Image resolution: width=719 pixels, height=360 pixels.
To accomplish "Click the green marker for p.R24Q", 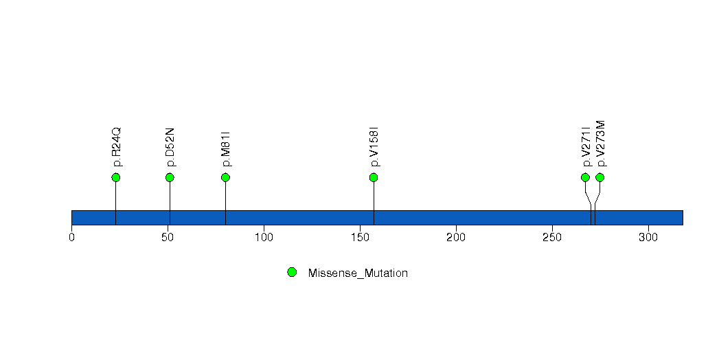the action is coord(115,177).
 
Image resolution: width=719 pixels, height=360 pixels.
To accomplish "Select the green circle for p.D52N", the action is coord(170,177).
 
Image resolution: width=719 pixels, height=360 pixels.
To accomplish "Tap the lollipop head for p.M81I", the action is coord(225,177).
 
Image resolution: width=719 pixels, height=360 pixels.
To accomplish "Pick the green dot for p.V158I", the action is coord(374,177).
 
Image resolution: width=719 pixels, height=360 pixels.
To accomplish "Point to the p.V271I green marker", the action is coord(585,177).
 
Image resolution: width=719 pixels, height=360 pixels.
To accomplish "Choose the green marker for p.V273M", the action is coord(600,177).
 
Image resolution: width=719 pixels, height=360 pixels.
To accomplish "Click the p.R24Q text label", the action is coord(117,147).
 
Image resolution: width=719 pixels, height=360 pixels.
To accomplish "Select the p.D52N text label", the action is coord(170,147).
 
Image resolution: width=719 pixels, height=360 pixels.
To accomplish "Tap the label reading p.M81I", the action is coord(225,148).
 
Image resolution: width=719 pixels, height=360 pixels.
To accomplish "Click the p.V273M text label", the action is coord(601,144).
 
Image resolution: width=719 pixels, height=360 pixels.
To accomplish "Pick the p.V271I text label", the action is coord(586,146).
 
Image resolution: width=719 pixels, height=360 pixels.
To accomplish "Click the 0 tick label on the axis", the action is coord(71,237).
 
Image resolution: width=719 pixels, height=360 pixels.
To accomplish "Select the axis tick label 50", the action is coord(168,237).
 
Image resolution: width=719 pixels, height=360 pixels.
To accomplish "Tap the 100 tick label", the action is coord(264,237).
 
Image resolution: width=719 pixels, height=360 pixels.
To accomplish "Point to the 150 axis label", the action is coord(360,237).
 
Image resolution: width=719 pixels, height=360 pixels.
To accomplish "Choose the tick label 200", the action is coord(456,237).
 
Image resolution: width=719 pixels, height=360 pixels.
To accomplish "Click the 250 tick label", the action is coord(552,237).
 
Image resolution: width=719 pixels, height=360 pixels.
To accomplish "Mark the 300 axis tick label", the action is coord(648,237).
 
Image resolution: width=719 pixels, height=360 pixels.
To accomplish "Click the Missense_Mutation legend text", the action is coord(358,273).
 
